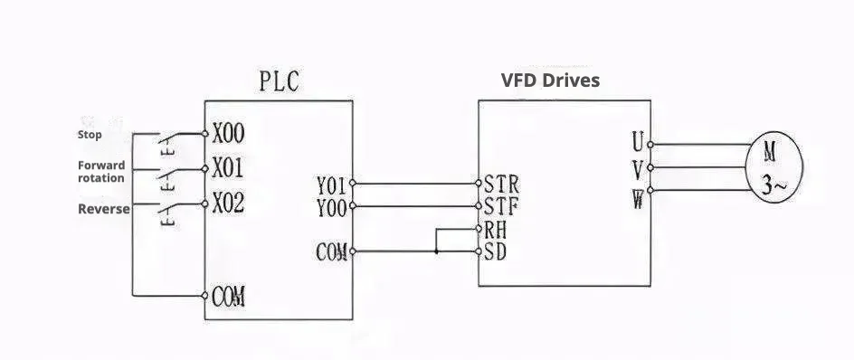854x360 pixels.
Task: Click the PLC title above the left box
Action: coord(277,83)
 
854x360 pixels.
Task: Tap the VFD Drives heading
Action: coord(550,81)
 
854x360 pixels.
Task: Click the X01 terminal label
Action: coord(228,168)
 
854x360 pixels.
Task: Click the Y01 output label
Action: coord(331,185)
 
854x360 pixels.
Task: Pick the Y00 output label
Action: coord(331,207)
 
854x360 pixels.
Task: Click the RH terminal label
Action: coord(496,230)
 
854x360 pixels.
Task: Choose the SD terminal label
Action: coord(496,251)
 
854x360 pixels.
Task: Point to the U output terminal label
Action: coord(638,142)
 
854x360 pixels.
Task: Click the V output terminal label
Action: coord(638,168)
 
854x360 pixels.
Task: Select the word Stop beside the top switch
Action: coord(90,135)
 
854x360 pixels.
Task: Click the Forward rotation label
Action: coord(101,172)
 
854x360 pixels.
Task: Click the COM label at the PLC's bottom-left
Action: coord(230,297)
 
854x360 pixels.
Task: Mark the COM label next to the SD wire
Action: coord(332,252)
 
